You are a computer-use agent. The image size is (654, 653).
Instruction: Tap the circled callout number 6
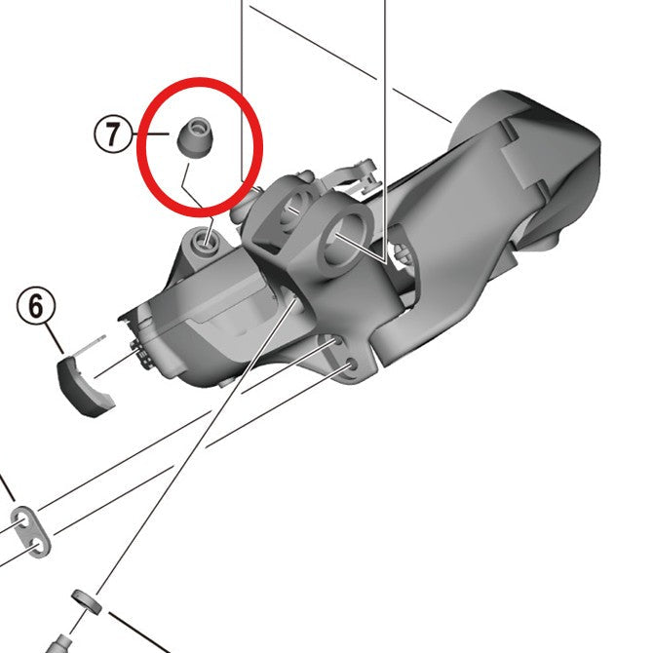[36, 307]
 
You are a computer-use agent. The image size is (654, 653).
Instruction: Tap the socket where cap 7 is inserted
[206, 236]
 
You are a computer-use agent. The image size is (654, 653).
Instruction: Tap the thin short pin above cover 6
[92, 342]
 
